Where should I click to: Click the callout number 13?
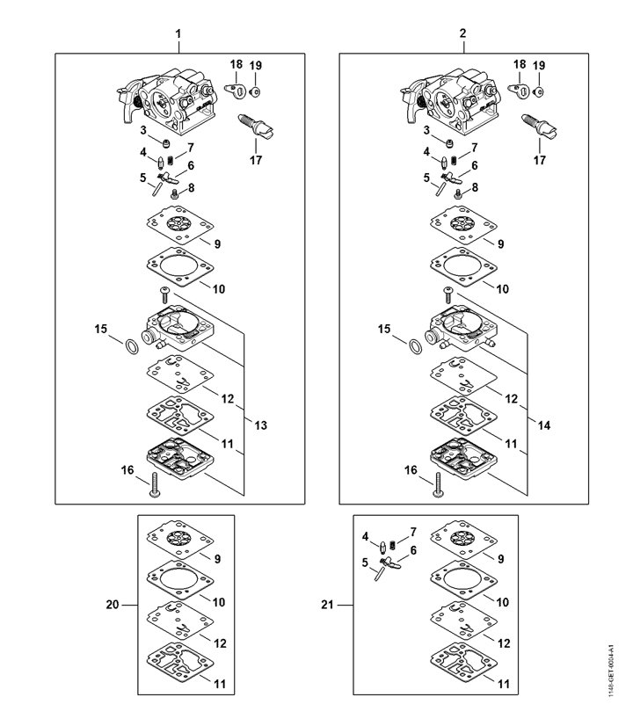point(261,425)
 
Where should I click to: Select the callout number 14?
point(544,425)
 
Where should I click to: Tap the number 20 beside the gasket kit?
point(112,606)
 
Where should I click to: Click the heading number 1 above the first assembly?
point(178,33)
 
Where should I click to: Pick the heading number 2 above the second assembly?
point(462,33)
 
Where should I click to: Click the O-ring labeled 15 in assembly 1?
point(129,345)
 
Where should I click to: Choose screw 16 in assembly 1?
point(154,483)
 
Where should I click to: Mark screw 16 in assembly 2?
point(437,483)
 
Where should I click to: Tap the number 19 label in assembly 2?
point(539,66)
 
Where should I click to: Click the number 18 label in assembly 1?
point(236,65)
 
